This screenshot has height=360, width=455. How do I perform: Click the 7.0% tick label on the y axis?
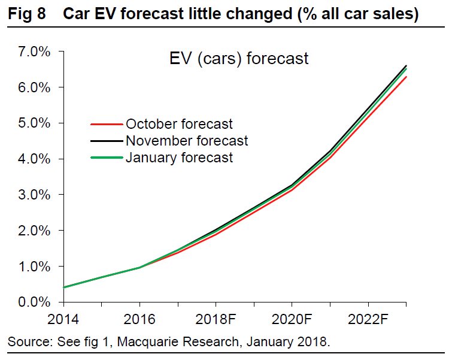click(31, 52)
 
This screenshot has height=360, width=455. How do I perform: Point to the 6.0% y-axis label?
click(31, 87)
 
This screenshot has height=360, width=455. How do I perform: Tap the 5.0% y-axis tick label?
click(31, 123)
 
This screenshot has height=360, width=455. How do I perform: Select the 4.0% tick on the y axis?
click(31, 159)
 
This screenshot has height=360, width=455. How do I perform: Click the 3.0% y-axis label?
click(31, 195)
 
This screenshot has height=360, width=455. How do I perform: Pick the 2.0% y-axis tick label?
click(31, 231)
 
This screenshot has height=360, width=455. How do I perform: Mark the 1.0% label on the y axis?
click(31, 267)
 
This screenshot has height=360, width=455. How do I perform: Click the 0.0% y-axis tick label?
click(31, 302)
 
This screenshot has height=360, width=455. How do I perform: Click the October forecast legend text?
click(179, 125)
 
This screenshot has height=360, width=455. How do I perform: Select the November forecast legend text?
click(186, 141)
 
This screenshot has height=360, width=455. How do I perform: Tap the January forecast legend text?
click(179, 158)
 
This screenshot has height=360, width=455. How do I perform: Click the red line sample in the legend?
click(106, 125)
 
